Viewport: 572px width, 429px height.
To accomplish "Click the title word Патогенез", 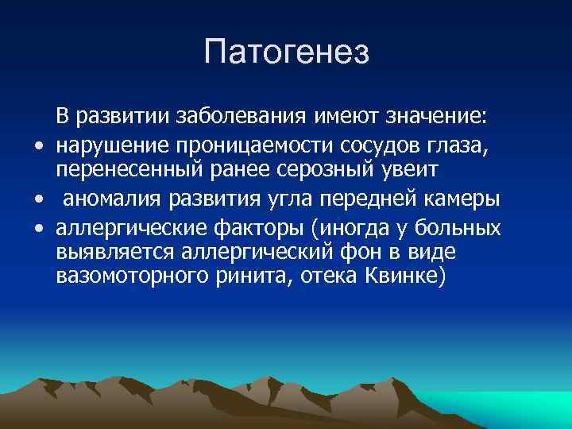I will pos(286,53).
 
